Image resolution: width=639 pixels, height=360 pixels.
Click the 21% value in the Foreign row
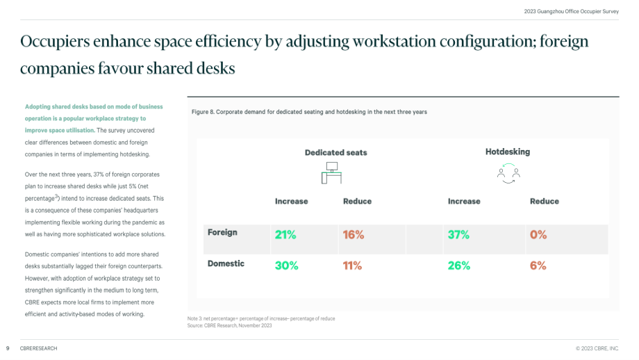(x=285, y=235)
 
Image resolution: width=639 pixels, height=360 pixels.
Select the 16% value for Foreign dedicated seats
(x=354, y=235)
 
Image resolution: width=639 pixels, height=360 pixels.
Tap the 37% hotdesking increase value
(x=458, y=235)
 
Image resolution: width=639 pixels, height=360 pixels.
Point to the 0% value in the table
(x=538, y=235)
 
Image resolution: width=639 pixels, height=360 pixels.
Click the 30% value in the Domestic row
(x=286, y=265)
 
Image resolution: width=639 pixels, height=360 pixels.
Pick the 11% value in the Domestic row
(x=352, y=265)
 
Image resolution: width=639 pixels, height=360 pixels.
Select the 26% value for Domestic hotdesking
(x=459, y=265)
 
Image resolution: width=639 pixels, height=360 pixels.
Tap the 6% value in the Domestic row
(x=538, y=265)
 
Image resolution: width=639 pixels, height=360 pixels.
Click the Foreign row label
(x=222, y=232)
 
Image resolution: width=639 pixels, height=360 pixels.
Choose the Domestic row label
(x=226, y=263)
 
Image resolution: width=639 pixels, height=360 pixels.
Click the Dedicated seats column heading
(x=335, y=152)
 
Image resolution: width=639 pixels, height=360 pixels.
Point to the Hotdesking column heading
(x=507, y=152)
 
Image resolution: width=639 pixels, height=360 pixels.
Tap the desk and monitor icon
(x=331, y=173)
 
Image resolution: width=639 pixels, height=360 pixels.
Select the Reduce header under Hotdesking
(x=544, y=202)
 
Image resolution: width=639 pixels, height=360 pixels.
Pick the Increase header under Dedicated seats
(x=292, y=202)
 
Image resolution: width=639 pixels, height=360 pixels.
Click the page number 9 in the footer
(x=8, y=349)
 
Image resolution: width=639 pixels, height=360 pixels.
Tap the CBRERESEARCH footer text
(x=39, y=349)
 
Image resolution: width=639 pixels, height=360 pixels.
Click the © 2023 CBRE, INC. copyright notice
(x=597, y=349)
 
